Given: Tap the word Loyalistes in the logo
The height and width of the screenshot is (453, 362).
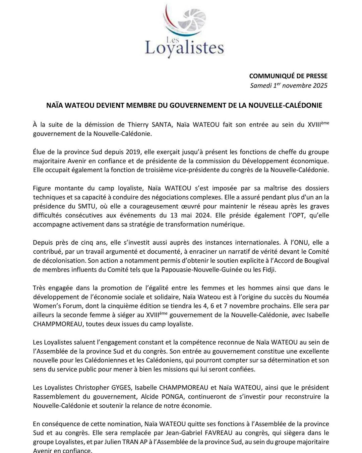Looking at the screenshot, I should (184, 48).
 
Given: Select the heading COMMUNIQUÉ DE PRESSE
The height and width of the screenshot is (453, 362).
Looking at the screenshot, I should (288, 76).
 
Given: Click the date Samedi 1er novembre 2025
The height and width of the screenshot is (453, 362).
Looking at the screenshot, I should (289, 86).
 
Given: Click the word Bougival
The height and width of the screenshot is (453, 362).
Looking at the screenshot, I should (314, 261).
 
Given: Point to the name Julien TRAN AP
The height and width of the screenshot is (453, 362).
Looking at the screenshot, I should (129, 442).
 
